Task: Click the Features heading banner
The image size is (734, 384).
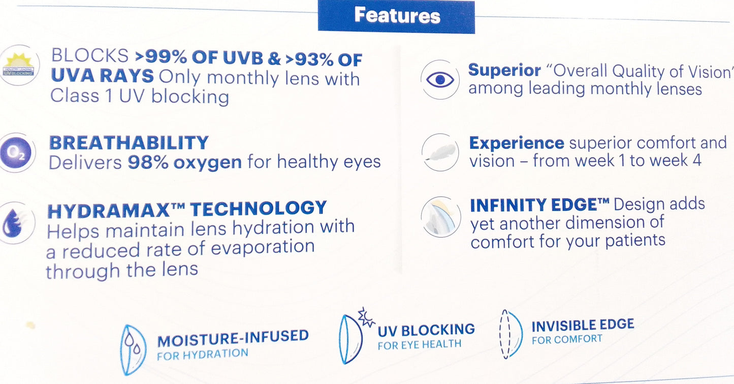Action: coord(396,16)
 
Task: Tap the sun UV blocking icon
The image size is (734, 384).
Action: coord(19,65)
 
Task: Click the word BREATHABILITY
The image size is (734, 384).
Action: coord(129,143)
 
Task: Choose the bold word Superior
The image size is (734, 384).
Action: coord(504,70)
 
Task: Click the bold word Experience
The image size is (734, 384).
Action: coord(516,143)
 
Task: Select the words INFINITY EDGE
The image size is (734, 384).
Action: coord(539,205)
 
